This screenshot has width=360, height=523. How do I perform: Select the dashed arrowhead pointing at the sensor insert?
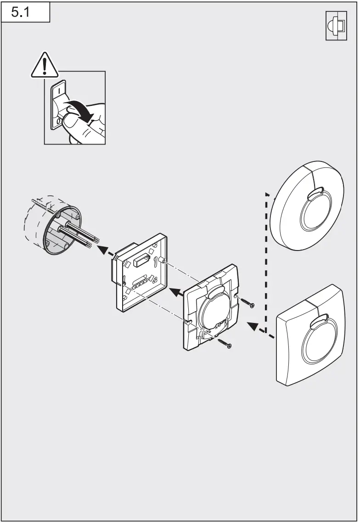click(x=252, y=326)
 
